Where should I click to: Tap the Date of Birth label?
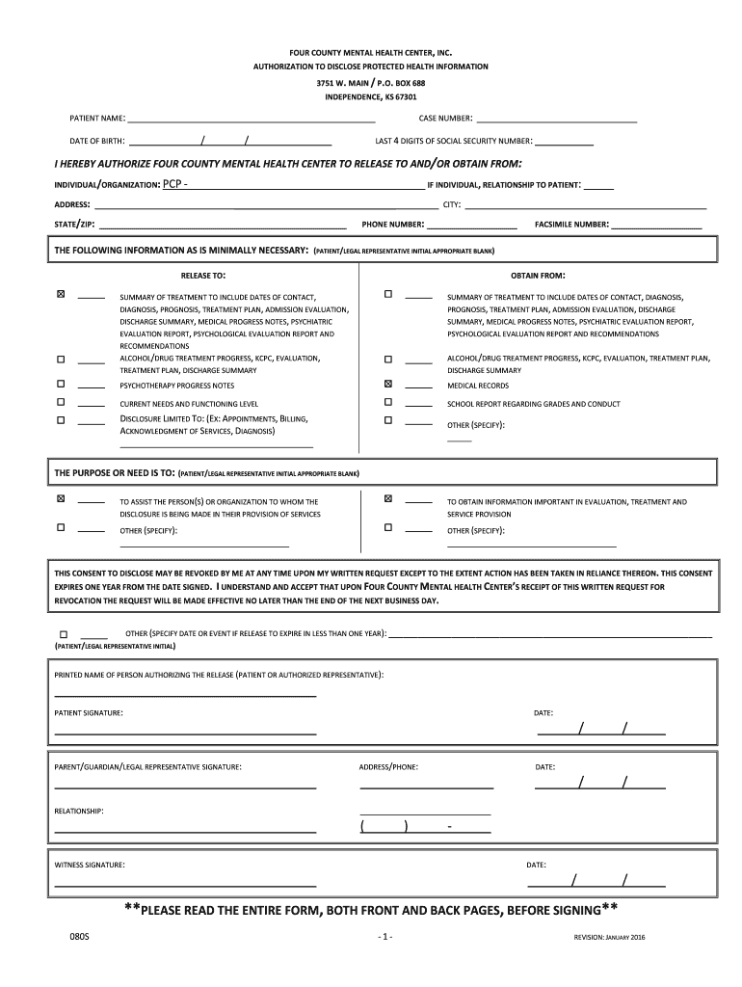97,141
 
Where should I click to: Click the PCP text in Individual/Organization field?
174,183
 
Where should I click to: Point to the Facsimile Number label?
571,225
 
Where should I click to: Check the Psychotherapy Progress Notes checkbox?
62,384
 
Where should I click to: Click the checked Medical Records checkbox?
388,384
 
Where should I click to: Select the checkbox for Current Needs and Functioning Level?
62,402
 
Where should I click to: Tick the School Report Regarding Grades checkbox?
388,402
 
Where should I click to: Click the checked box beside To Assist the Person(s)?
62,499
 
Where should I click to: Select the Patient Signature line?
185,734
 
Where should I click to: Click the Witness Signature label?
90,865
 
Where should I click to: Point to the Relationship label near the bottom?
79,811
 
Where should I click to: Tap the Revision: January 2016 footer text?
609,937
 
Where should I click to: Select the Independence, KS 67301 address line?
371,97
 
